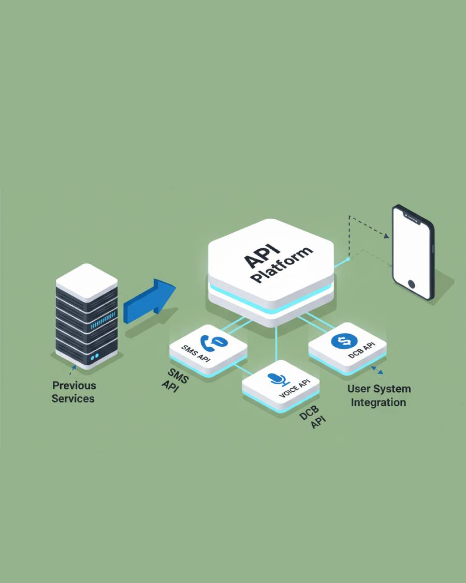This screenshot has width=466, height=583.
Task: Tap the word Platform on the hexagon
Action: [x=282, y=265]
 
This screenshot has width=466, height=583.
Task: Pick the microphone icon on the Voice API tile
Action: [x=280, y=379]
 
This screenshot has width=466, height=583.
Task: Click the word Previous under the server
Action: [x=74, y=386]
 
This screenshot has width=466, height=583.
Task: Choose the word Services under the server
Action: [x=73, y=399]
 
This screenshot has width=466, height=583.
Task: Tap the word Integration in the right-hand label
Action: [x=378, y=402]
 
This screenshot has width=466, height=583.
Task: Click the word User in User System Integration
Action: [x=359, y=389]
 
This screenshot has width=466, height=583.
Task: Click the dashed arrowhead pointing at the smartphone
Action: [x=386, y=236]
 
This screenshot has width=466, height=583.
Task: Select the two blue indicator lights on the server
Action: [x=94, y=357]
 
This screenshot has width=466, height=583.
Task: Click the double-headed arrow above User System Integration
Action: [x=377, y=370]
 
